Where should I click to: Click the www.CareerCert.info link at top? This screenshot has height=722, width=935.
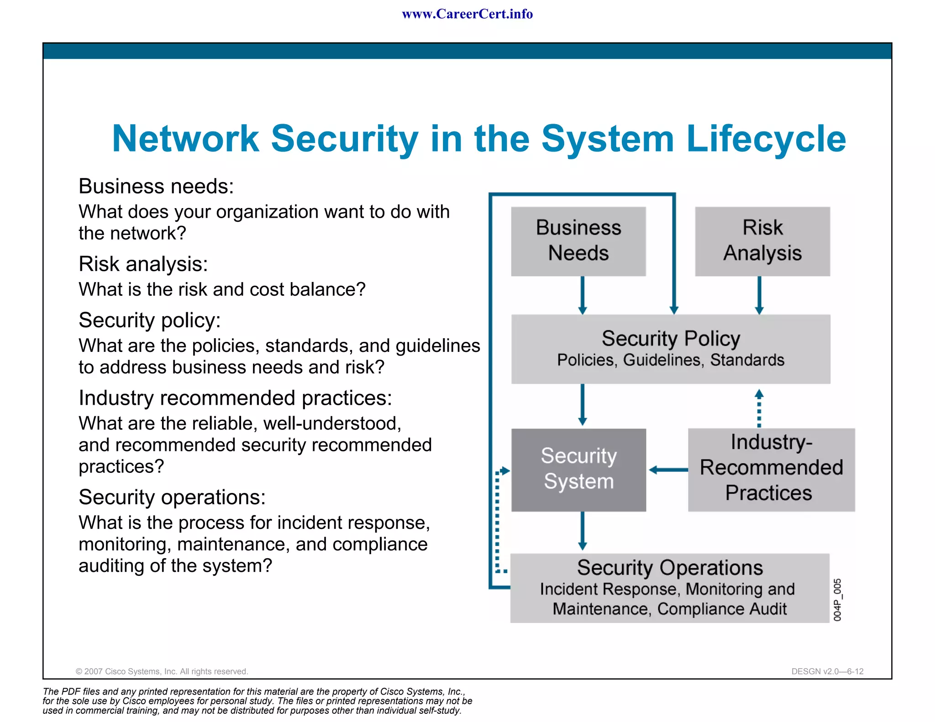pyautogui.click(x=467, y=14)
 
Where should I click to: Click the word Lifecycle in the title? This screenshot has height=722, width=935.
pyautogui.click(x=766, y=139)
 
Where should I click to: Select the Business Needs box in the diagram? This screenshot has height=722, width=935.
pyautogui.click(x=578, y=241)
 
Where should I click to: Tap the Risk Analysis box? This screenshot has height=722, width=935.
pyautogui.click(x=762, y=241)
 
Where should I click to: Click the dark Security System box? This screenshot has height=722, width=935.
pyautogui.click(x=578, y=469)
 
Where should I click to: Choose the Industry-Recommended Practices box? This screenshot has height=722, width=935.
pyautogui.click(x=771, y=469)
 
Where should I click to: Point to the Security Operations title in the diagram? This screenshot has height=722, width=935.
pyautogui.click(x=669, y=568)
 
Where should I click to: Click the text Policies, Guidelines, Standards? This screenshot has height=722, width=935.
pyautogui.click(x=670, y=360)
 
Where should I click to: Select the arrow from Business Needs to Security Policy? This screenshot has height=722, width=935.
pyautogui.click(x=582, y=295)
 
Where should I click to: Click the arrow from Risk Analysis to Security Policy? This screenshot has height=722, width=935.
pyautogui.click(x=759, y=295)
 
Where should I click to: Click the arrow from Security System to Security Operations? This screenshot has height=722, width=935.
pyautogui.click(x=582, y=531)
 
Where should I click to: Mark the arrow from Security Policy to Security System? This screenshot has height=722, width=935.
pyautogui.click(x=582, y=404)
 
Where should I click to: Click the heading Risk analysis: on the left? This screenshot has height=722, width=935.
pyautogui.click(x=143, y=264)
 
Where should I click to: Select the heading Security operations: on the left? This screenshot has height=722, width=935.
pyautogui.click(x=172, y=497)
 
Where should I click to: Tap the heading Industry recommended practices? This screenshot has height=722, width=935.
pyautogui.click(x=235, y=398)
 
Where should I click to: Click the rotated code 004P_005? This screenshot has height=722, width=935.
pyautogui.click(x=837, y=600)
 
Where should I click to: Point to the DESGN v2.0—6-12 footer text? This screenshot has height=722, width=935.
pyautogui.click(x=827, y=671)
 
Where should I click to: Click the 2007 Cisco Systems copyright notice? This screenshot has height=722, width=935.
pyautogui.click(x=162, y=671)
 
